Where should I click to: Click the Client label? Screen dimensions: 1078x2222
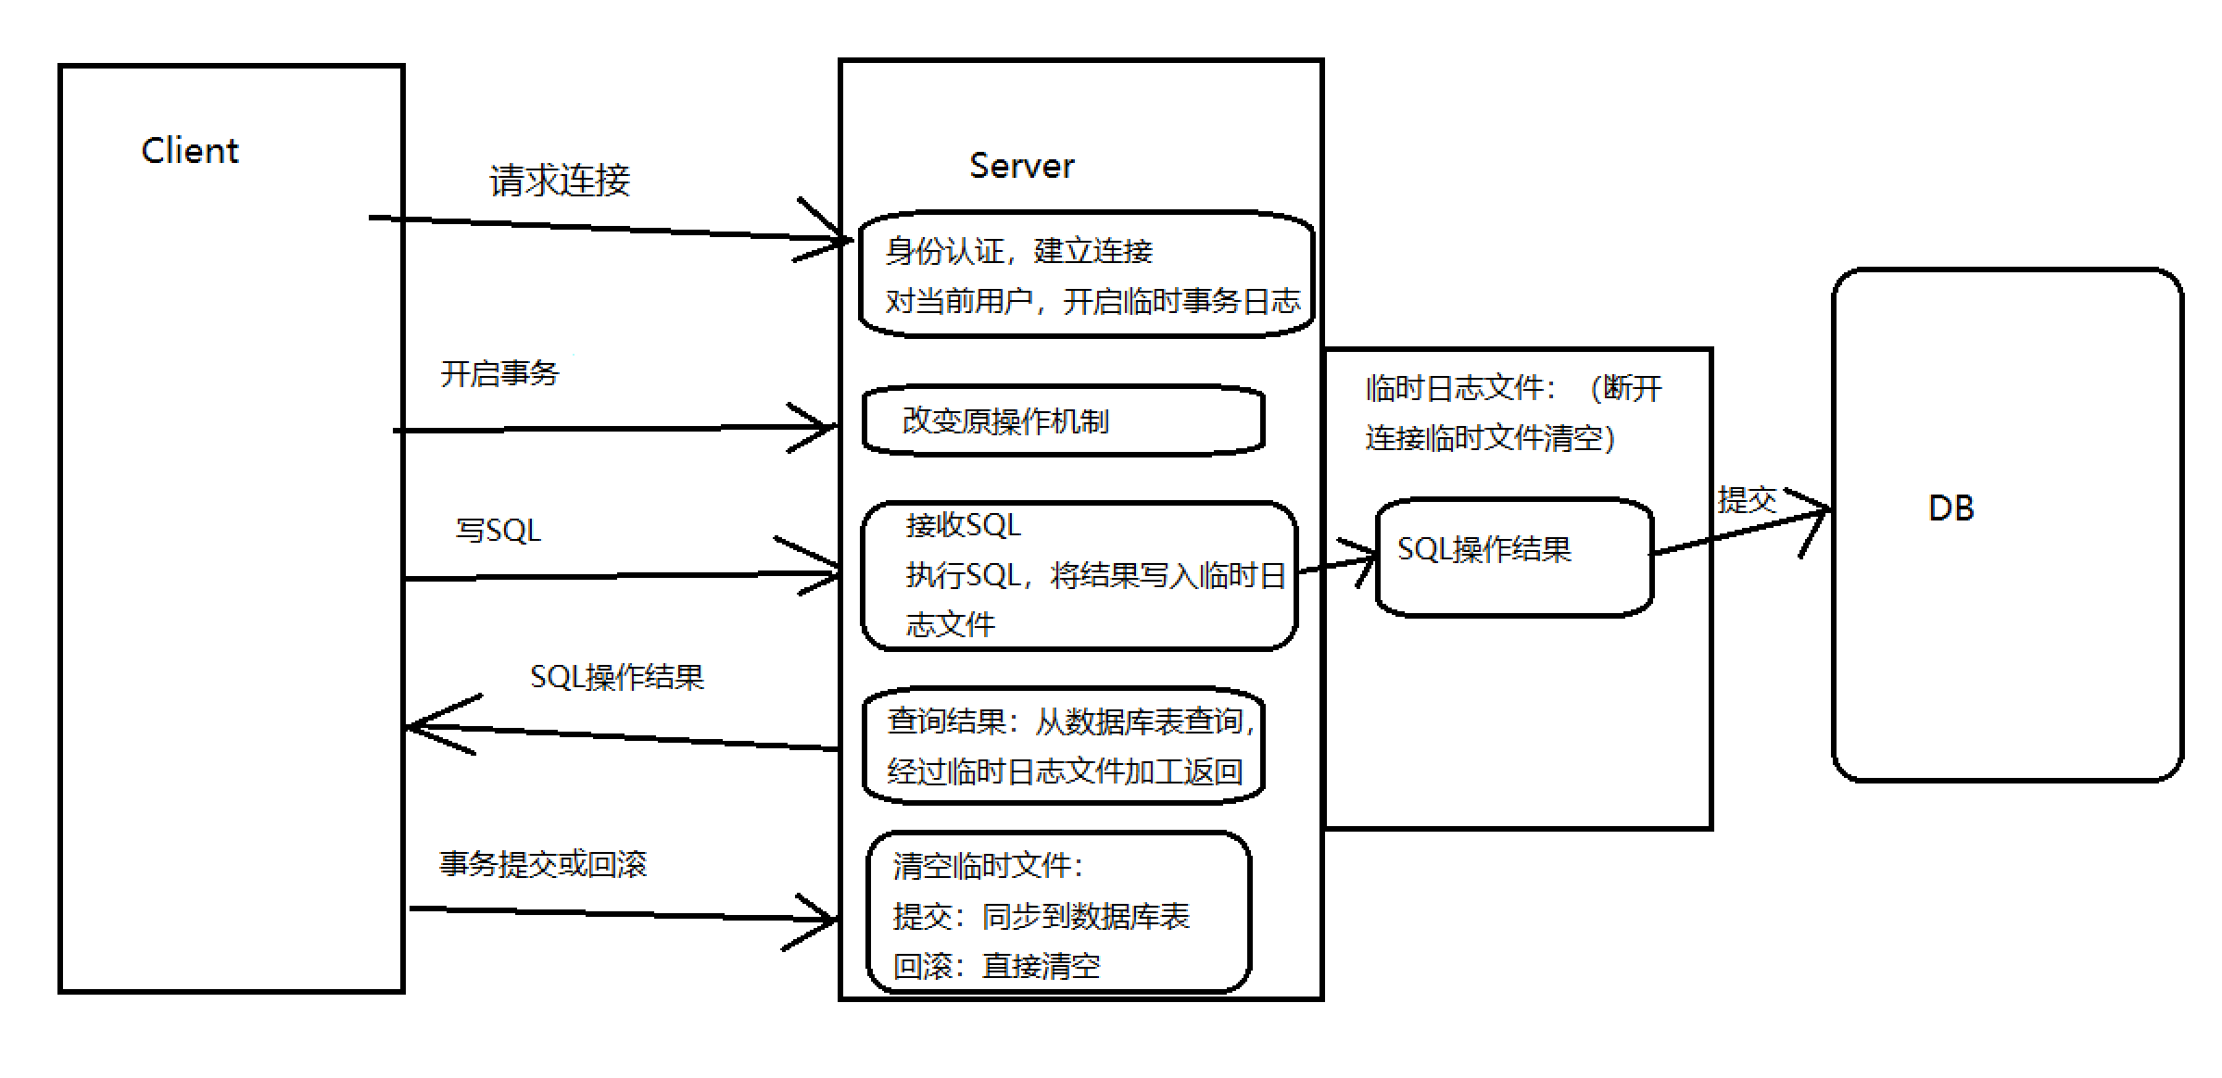pyautogui.click(x=190, y=151)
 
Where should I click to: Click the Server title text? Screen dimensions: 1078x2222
pyautogui.click(x=1021, y=167)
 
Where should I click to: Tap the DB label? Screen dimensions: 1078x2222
pyautogui.click(x=1951, y=508)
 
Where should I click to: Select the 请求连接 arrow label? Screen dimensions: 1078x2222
pyautogui.click(x=560, y=181)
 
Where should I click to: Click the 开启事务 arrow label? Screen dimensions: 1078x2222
pyautogui.click(x=499, y=374)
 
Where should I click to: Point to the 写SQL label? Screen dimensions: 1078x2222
pyautogui.click(x=498, y=531)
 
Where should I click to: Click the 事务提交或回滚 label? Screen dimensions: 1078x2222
pyautogui.click(x=542, y=864)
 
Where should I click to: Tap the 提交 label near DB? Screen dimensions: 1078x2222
pyautogui.click(x=1746, y=500)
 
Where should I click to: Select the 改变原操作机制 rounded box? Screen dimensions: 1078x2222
pyautogui.click(x=1063, y=421)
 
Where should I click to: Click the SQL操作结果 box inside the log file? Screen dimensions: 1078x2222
pyautogui.click(x=1513, y=557)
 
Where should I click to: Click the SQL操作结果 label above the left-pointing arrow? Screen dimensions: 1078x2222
pyautogui.click(x=616, y=677)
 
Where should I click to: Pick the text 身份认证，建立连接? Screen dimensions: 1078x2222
pyautogui.click(x=1018, y=251)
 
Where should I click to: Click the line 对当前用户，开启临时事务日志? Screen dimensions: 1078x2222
pyautogui.click(x=1092, y=302)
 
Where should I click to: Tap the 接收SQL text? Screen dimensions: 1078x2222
pyautogui.click(x=963, y=526)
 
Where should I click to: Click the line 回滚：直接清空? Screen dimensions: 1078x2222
pyautogui.click(x=996, y=967)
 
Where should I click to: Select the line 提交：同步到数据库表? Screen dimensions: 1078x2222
pyautogui.click(x=1041, y=917)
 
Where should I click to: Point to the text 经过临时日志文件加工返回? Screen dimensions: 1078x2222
pyautogui.click(x=1064, y=771)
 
